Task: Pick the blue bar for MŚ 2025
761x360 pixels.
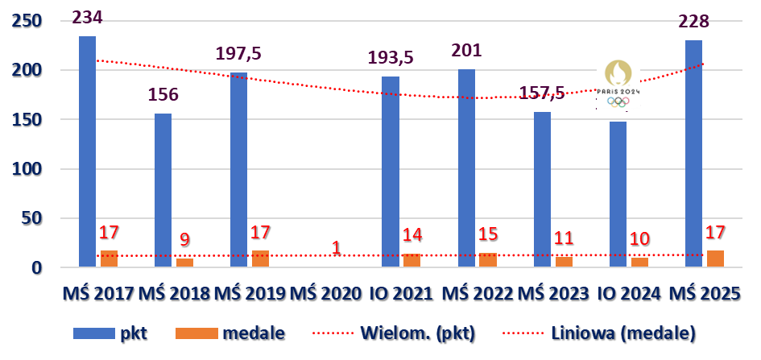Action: coord(693,154)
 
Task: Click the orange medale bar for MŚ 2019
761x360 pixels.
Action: coord(260,259)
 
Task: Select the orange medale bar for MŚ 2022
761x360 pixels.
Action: coord(487,259)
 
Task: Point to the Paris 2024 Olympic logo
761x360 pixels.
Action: coord(618,84)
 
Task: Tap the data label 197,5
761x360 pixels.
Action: coord(238,54)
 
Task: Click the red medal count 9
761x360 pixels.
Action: coord(184,239)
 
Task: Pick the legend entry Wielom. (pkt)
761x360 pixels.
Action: coord(419,332)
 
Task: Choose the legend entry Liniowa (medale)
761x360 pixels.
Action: coord(620,332)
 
